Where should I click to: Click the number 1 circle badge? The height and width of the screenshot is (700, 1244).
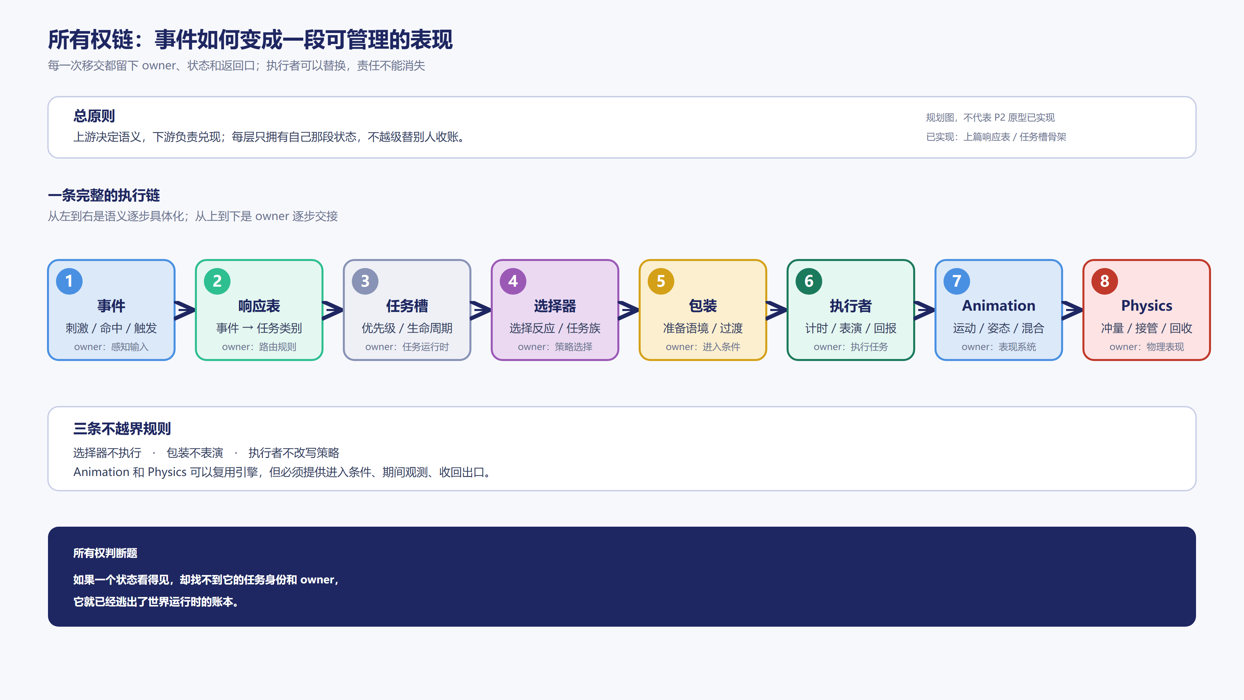coord(69,281)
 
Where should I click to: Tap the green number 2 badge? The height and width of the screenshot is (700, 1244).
coord(217,281)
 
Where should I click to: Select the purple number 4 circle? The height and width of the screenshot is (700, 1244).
coord(513,281)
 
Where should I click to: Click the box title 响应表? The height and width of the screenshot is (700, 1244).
coord(259,306)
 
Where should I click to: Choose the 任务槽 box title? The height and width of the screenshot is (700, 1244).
coord(407,306)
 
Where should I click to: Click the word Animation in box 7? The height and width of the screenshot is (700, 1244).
coord(999,306)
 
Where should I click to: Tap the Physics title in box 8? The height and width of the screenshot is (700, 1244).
coord(1146,306)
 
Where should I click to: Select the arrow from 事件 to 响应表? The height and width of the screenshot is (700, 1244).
coord(185,310)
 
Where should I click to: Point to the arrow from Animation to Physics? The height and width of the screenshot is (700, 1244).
coord(1072,310)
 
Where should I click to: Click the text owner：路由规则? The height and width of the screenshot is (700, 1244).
coord(259,347)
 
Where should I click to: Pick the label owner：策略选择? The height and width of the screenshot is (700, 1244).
coord(555,347)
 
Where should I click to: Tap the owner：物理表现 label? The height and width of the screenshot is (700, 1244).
coord(1146,347)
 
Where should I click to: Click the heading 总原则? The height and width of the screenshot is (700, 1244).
coord(94,116)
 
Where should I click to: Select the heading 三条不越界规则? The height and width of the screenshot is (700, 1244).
coord(122,429)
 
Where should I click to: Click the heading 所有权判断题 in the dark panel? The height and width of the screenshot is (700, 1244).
coord(105,553)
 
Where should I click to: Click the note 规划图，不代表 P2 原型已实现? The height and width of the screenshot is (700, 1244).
coord(990,117)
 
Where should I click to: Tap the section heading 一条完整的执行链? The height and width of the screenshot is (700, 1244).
coord(104,195)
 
